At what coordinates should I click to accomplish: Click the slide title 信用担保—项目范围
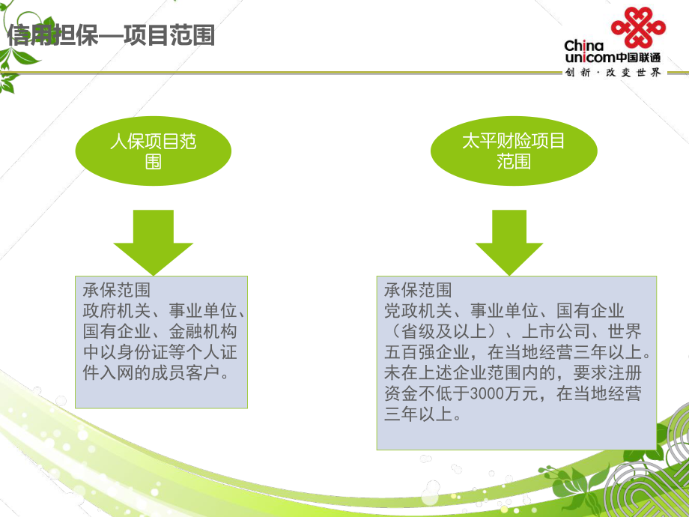(x=112, y=35)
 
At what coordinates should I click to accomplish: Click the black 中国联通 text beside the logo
(x=638, y=58)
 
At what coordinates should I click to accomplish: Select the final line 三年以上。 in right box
(x=422, y=415)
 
